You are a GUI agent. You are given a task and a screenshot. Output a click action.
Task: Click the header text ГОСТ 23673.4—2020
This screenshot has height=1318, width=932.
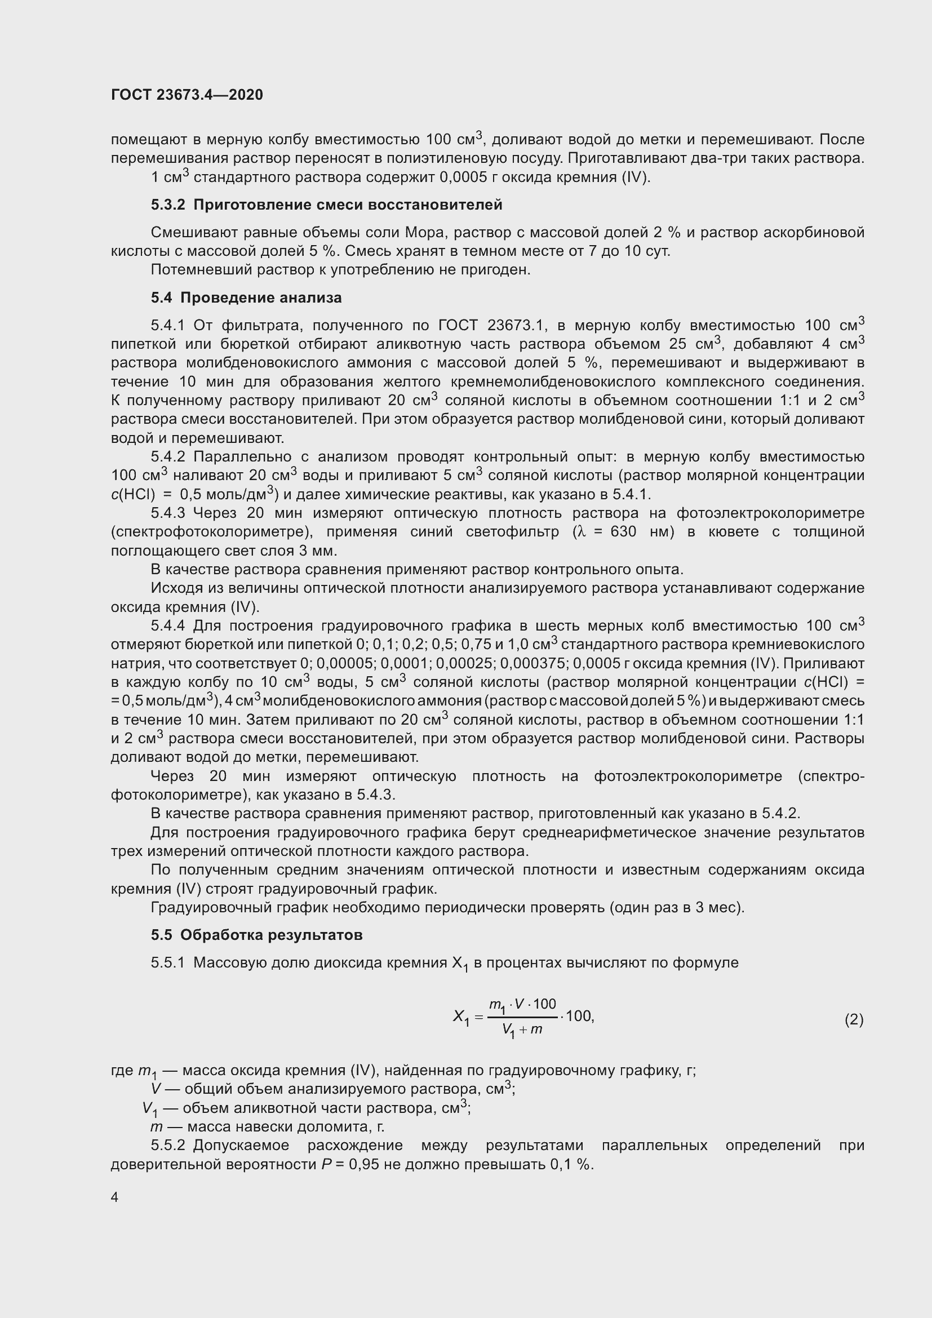[x=187, y=95]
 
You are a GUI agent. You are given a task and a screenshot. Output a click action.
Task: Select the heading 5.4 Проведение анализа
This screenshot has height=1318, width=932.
[x=246, y=298]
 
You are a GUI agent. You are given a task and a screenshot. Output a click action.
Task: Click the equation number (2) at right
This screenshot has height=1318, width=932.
[x=853, y=1019]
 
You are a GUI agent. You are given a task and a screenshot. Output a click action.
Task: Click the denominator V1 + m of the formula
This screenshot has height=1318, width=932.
[x=522, y=1030]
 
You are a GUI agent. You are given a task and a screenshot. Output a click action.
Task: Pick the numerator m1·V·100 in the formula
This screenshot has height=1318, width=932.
[x=522, y=1005]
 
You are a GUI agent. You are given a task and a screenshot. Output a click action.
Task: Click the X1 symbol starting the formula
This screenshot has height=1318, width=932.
[x=461, y=1017]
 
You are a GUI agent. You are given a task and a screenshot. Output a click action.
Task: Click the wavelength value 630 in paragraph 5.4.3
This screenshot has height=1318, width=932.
[x=623, y=531]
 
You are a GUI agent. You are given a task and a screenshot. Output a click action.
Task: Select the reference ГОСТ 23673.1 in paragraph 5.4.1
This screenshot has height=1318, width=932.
[x=490, y=326]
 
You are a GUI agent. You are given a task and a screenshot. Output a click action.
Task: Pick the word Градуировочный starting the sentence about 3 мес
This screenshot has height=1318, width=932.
[x=209, y=908]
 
